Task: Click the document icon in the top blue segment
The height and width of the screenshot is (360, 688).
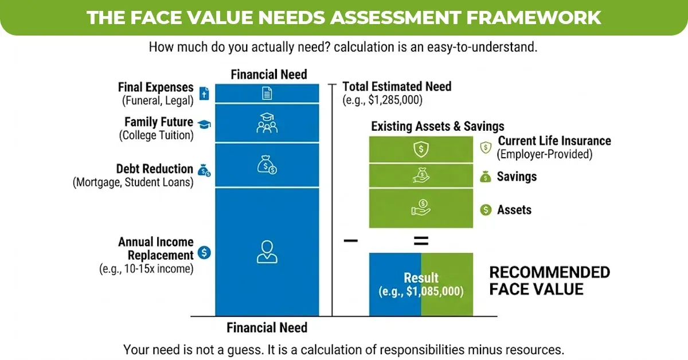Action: tap(267, 93)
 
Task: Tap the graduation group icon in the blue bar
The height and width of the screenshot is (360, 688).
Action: tap(267, 123)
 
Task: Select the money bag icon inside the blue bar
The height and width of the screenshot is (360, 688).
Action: tap(267, 165)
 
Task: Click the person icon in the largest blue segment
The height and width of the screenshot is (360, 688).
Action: tap(267, 252)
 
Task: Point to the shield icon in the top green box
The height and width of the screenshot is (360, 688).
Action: tap(421, 149)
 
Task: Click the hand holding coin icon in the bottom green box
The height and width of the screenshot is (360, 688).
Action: tap(421, 207)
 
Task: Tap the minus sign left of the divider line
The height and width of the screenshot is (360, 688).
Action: tap(350, 241)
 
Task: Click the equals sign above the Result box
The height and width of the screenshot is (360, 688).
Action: tap(421, 242)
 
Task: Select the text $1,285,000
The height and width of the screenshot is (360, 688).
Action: tap(397, 100)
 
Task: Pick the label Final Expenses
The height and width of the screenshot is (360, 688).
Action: tap(155, 87)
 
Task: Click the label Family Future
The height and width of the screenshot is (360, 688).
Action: tap(159, 122)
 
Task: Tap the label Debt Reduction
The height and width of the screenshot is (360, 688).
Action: tap(154, 169)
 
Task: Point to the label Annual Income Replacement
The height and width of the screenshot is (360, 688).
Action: tap(155, 249)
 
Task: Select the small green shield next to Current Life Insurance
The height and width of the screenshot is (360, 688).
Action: tap(486, 147)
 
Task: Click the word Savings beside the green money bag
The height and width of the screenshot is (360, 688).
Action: tap(517, 177)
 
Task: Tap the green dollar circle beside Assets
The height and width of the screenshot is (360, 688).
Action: tap(486, 210)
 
